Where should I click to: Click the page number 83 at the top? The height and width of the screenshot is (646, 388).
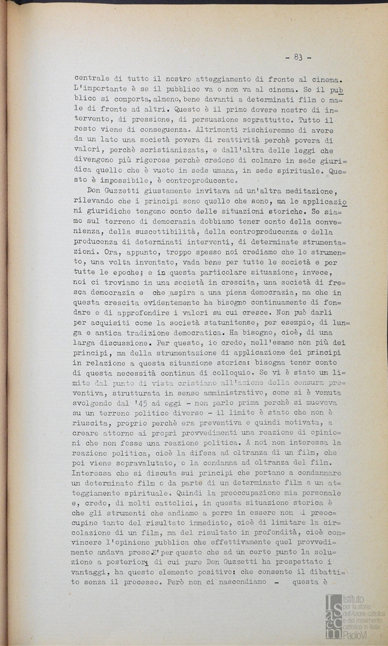(298, 57)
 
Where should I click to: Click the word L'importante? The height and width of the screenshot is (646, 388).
(96, 90)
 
